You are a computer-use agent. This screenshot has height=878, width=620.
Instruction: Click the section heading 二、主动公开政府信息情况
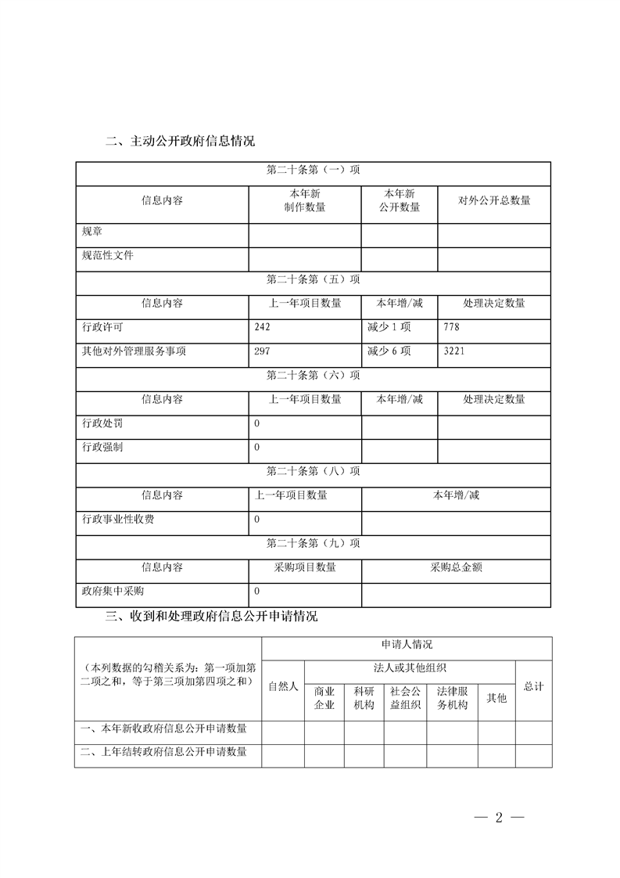coord(180,142)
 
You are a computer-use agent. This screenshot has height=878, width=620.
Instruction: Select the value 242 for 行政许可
coord(263,327)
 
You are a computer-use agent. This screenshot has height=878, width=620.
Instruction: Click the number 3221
coord(454,351)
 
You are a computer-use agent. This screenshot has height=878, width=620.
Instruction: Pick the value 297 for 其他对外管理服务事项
coord(263,351)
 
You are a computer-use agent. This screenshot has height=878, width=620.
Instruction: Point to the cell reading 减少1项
coord(389,327)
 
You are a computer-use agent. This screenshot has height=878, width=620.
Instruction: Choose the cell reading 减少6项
coord(389,351)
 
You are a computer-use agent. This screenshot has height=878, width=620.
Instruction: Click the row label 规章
coord(92,232)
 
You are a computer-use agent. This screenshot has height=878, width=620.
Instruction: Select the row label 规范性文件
coord(108,255)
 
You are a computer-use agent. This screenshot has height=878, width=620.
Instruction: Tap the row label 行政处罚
coord(102,423)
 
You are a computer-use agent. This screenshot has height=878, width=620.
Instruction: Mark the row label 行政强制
coord(102,447)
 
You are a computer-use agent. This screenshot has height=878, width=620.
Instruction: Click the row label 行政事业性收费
coord(118,520)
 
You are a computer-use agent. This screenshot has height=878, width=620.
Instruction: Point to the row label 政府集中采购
coord(113,591)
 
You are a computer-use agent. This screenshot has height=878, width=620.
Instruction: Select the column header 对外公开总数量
coord(494,200)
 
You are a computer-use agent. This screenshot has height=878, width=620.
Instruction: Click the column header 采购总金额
coord(456,567)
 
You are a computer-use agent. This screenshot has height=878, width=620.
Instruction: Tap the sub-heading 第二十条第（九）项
coord(313,543)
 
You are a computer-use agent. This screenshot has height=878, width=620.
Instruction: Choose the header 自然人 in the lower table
coord(283,686)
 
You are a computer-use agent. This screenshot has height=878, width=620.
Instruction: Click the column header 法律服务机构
coord(452,698)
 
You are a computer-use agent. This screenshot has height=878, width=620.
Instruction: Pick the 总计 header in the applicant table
coord(534,686)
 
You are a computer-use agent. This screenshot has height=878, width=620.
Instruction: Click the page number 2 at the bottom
coord(498,819)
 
